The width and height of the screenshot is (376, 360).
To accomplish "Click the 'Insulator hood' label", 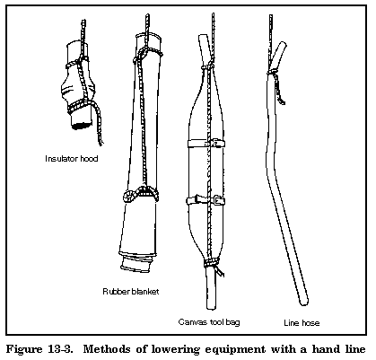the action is (72, 158).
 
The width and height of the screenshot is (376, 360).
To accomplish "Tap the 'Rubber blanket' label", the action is (131, 291).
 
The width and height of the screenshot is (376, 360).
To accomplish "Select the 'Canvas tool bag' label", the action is (209, 322).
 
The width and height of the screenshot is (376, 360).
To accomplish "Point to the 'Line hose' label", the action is (302, 323).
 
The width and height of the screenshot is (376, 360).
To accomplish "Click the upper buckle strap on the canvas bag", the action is (206, 144).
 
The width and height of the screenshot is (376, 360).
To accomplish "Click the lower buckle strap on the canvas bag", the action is (206, 200).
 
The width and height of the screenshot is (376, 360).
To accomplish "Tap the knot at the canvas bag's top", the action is (209, 66).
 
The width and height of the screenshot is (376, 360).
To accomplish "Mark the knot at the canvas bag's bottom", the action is (212, 262).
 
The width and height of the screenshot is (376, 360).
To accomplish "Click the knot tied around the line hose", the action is (273, 71).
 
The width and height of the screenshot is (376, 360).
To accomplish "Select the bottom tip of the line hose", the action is (304, 303).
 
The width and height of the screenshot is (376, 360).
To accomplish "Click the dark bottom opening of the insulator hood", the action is (82, 125).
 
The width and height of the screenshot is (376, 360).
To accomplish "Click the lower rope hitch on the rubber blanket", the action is (140, 194).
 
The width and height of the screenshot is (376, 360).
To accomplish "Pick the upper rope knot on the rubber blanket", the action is (144, 55).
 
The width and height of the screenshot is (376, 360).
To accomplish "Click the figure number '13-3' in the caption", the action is (60, 349).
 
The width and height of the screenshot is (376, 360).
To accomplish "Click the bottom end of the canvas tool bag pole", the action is (211, 307).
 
